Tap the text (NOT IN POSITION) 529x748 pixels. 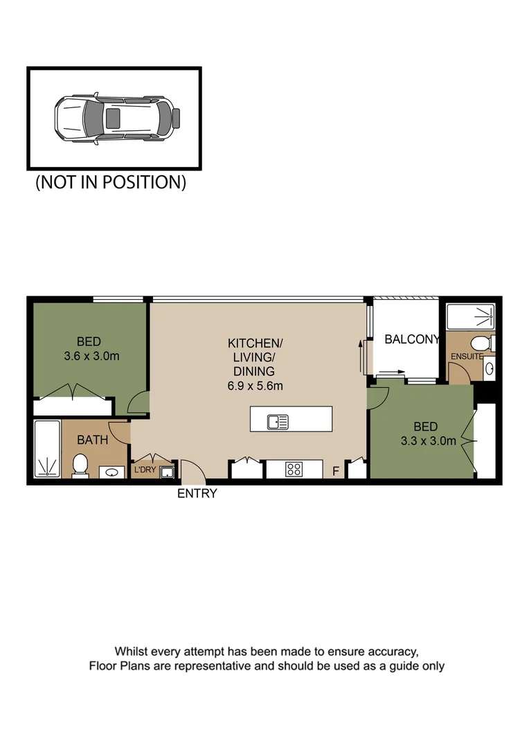[x=111, y=183]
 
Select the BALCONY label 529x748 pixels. [x=412, y=339]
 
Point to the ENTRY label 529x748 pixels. [x=197, y=494]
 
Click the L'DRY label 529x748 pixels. [x=145, y=470]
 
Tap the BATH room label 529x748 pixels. [x=92, y=440]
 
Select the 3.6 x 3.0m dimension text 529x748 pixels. [x=88, y=357]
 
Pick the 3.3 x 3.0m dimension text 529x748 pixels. [x=427, y=440]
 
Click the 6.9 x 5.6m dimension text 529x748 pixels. [x=255, y=386]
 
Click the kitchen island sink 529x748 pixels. [x=278, y=420]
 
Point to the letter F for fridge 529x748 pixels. [x=336, y=472]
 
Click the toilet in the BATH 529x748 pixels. [x=80, y=465]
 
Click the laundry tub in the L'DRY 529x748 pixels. [x=167, y=472]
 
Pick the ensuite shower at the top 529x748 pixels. [x=470, y=318]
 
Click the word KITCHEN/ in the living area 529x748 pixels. [x=255, y=344]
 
